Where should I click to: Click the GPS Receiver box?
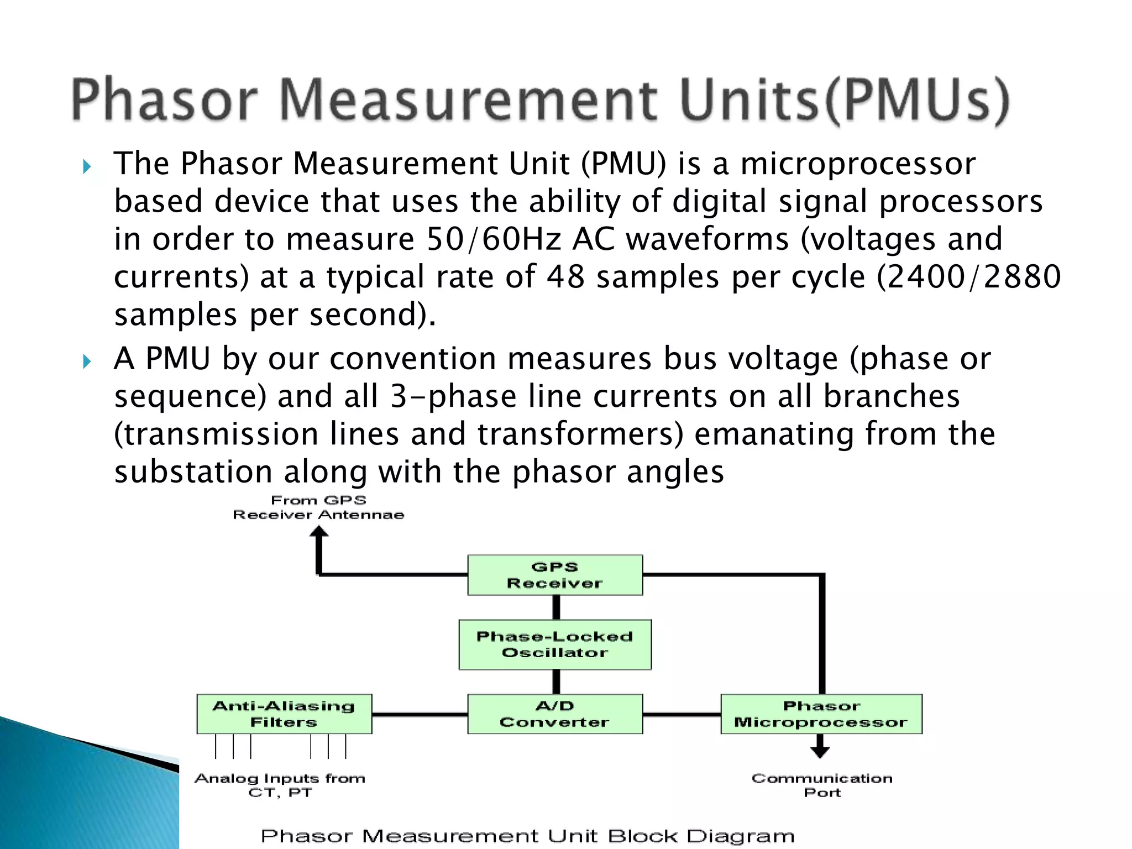tap(555, 575)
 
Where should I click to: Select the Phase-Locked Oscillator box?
tap(555, 644)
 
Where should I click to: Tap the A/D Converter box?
tap(555, 714)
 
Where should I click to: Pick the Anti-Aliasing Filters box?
tap(284, 714)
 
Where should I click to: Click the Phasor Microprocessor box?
tap(821, 714)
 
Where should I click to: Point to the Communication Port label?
tap(822, 785)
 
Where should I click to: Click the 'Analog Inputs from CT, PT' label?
tap(280, 785)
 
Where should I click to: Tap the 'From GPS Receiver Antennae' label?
tap(318, 507)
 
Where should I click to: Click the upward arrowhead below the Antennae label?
tap(319, 532)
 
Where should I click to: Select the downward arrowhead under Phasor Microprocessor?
tap(820, 752)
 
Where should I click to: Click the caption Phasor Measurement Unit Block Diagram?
tap(527, 836)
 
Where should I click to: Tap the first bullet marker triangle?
tap(87, 166)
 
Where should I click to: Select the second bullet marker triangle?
tap(87, 362)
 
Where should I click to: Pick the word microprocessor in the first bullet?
tap(858, 164)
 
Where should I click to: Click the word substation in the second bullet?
tap(193, 472)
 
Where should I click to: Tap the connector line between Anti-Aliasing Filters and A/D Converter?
tap(420, 715)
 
